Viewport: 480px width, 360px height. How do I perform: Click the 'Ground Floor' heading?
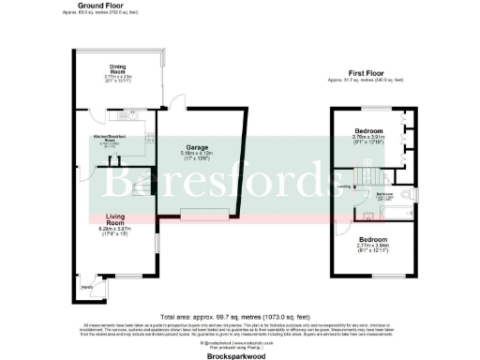coord(112,5)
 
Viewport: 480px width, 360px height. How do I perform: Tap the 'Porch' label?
coord(85,287)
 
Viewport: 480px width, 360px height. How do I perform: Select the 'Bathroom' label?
coord(384,194)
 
